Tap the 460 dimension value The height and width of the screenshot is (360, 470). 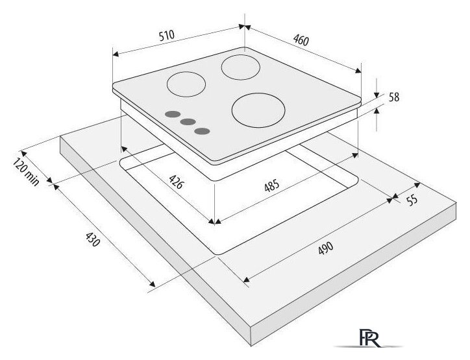pos(300,40)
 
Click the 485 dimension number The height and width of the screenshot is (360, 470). pos(272,185)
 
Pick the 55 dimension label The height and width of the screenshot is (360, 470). pos(411,200)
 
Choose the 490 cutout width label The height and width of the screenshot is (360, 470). pos(325,248)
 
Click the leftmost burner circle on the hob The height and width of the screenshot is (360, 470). pos(186,84)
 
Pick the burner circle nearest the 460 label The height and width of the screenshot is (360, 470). pos(240,67)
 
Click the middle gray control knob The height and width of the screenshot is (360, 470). pos(188,121)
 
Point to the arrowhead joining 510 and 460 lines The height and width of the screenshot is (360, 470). pos(244,27)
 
